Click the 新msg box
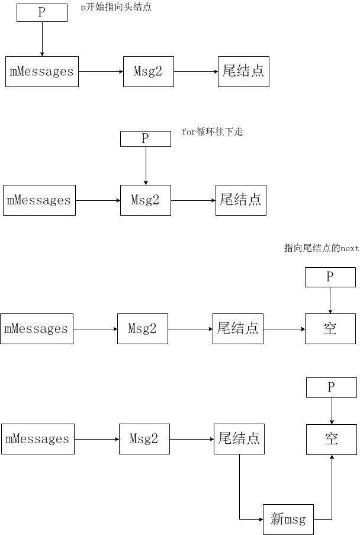288,520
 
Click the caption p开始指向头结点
116,8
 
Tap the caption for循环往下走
212,132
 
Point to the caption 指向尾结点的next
321,248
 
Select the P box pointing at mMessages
42,12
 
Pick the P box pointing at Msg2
146,139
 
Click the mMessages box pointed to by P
42,72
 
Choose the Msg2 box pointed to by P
146,200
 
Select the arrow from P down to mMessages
42,39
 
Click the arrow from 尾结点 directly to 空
284,329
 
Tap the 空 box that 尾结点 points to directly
330,329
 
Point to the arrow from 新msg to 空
332,492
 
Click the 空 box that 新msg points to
332,439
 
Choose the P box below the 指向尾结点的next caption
330,277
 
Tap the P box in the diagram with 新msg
332,387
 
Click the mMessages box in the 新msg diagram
38,439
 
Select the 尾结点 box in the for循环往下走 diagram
240,200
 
